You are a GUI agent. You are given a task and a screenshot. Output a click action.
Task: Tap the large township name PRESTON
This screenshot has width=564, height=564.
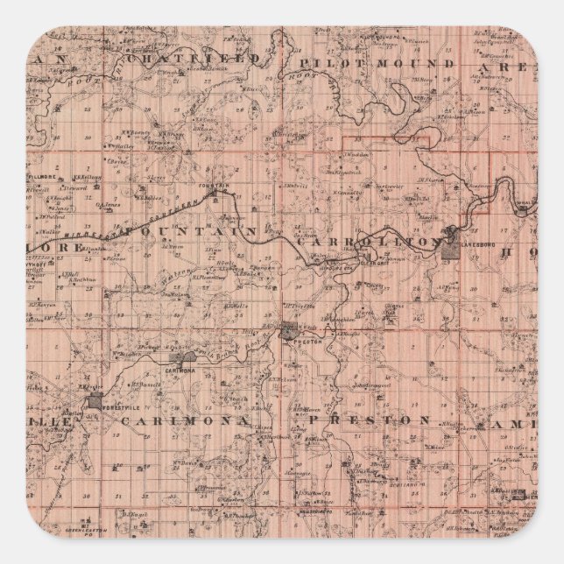coord(368,420)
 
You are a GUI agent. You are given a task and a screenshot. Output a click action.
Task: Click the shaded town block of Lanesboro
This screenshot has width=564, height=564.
coord(449,246)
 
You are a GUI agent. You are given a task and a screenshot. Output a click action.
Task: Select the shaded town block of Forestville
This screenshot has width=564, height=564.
coord(94,402)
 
